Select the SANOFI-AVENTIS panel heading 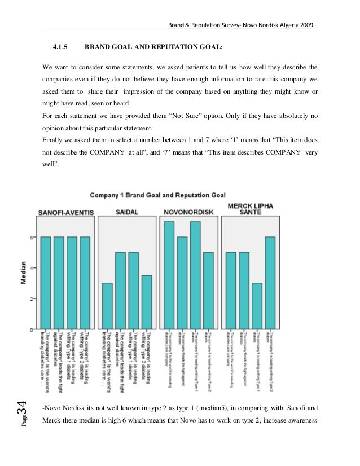pos(65,212)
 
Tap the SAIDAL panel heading pos(128,212)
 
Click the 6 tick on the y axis pos(31,237)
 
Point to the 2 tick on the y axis pos(31,298)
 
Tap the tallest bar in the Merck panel pos(271,282)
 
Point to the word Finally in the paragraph pos(53,140)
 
